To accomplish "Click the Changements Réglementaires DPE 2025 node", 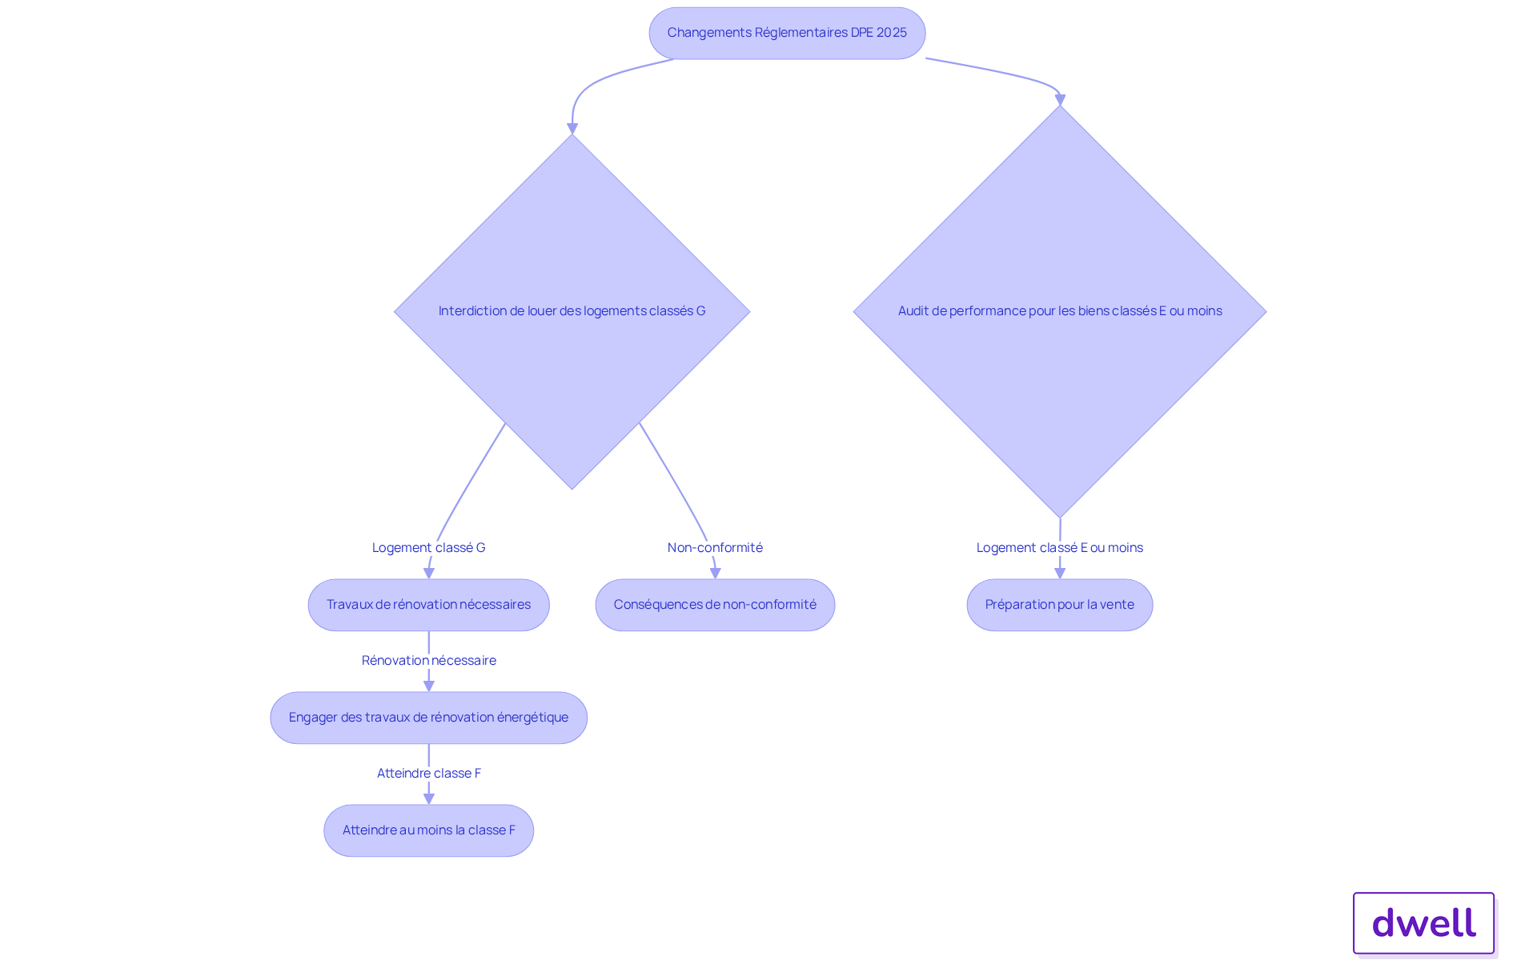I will point(787,33).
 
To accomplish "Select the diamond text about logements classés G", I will point(572,311).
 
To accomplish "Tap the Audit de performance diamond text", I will point(1059,311).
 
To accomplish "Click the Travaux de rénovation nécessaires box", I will point(428,605).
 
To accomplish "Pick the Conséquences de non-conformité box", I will point(715,605).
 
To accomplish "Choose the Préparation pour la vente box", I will point(1059,605).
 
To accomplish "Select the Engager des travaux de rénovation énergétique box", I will point(428,718).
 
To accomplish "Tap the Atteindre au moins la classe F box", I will point(428,830).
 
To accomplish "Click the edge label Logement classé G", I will point(428,548).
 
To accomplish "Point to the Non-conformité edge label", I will point(715,548).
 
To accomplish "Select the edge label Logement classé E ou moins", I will point(1059,548).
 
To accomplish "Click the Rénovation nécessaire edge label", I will point(428,661).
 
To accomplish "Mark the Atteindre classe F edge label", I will point(428,774).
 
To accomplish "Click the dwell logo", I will point(1423,923).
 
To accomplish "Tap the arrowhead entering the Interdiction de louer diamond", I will point(572,129).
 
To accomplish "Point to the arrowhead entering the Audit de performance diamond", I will point(1060,100).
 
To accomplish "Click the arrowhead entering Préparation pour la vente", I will point(1060,573).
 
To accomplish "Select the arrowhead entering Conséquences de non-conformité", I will point(716,573).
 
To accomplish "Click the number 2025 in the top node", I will point(891,33).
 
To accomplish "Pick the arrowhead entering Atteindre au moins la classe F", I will point(429,798).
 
